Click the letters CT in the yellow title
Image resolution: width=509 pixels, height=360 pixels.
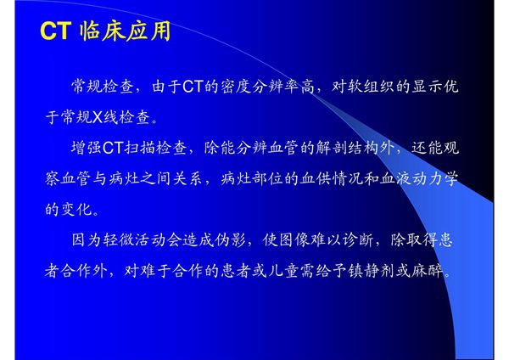55,32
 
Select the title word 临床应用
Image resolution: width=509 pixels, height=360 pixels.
124,32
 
